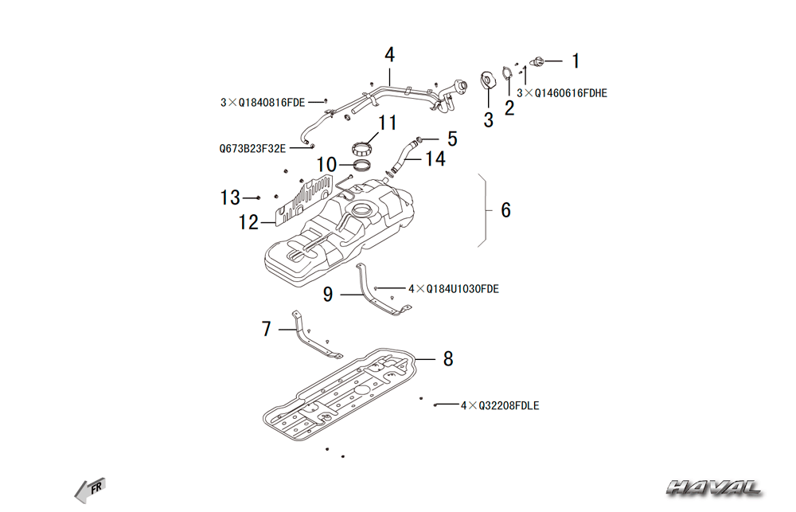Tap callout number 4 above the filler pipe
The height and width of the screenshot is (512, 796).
pos(389,55)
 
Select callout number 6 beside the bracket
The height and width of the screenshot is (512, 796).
pos(505,210)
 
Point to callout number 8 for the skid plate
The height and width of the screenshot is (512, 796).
pos(448,359)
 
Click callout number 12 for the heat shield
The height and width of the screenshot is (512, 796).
pos(248,223)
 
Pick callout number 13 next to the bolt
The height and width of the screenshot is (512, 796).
pos(230,197)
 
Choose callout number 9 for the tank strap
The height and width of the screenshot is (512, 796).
pos(328,295)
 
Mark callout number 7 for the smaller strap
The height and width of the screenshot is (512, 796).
pos(267,328)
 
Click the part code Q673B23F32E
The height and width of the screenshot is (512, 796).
pos(252,147)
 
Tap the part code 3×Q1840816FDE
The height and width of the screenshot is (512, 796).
pos(263,102)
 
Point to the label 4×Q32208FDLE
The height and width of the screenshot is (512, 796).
pos(500,406)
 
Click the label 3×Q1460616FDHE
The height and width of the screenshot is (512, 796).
pos(562,93)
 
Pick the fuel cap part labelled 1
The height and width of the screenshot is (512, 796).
pos(537,61)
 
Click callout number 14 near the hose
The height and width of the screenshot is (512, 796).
pos(435,159)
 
